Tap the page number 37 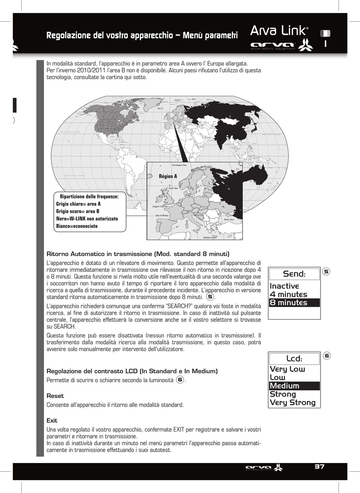click(319, 466)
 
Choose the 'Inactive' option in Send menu click(284, 286)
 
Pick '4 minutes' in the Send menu click(288, 294)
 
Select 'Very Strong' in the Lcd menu click(293, 403)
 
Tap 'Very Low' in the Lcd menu click(287, 369)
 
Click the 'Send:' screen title click(294, 274)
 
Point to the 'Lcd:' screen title click(294, 359)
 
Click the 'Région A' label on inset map click(168, 176)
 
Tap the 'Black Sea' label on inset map click(229, 220)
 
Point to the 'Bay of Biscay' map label click(162, 215)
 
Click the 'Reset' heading click(55, 396)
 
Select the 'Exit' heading click(52, 421)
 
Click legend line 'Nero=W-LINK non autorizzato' click(87, 219)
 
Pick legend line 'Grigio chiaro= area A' click(78, 204)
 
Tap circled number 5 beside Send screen click(327, 271)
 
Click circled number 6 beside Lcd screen click(327, 356)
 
